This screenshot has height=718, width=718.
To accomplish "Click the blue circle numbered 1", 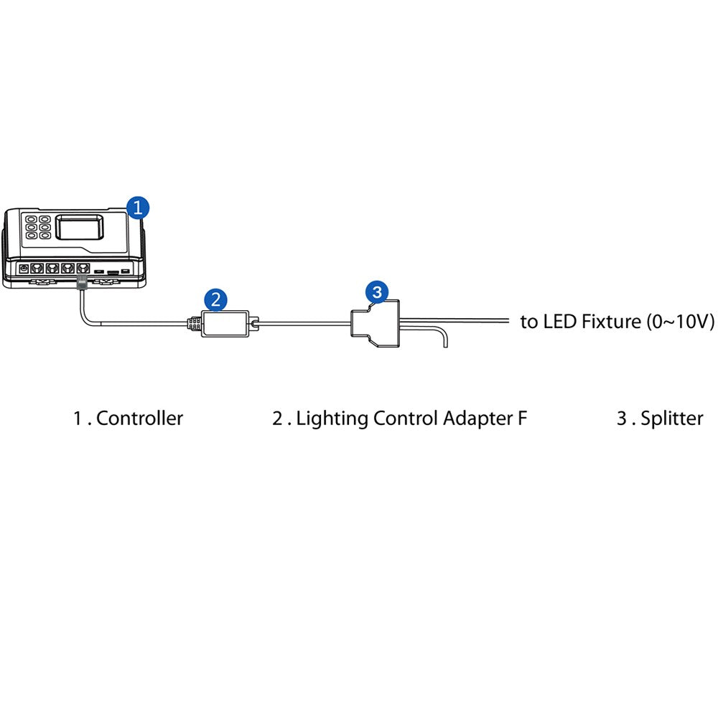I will [x=138, y=208].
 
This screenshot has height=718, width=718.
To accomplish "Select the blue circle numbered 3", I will [x=377, y=292].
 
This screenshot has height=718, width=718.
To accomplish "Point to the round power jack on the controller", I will [x=24, y=268].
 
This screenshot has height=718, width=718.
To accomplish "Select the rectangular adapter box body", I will [x=225, y=323].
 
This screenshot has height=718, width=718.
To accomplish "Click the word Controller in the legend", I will [x=139, y=419].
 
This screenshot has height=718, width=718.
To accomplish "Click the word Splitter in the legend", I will [x=672, y=419].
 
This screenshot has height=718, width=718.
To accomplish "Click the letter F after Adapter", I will [x=522, y=419].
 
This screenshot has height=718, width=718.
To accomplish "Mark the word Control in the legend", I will [x=406, y=419].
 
